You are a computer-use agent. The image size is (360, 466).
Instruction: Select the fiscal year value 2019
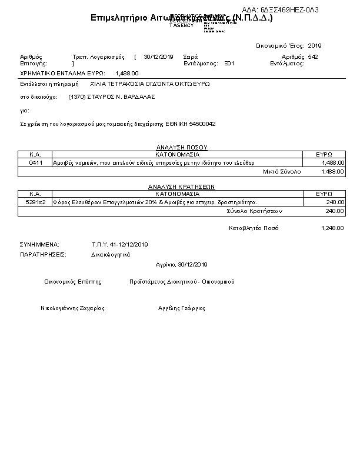[315, 45]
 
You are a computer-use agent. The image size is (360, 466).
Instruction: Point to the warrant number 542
[313, 57]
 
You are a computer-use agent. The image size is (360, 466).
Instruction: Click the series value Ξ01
[230, 63]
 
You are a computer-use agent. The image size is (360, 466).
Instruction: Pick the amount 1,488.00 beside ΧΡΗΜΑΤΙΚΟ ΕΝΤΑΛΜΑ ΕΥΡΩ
[127, 74]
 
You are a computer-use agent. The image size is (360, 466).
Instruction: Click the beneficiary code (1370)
[76, 97]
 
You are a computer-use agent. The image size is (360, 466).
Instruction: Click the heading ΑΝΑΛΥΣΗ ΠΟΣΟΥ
[182, 147]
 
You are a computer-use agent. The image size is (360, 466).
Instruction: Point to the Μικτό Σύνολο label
[282, 171]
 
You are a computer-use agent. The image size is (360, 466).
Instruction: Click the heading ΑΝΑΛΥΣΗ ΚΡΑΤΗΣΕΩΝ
[181, 186]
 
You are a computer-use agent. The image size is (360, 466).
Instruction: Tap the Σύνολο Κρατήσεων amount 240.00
[334, 211]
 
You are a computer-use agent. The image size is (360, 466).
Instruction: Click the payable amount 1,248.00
[332, 228]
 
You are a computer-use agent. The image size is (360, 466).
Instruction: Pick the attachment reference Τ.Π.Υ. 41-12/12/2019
[121, 244]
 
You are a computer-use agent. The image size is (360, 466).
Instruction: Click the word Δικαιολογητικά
[111, 255]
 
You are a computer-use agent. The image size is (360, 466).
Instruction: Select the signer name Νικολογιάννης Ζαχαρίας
[72, 308]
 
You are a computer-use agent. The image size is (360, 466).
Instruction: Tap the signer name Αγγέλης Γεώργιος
[181, 308]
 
